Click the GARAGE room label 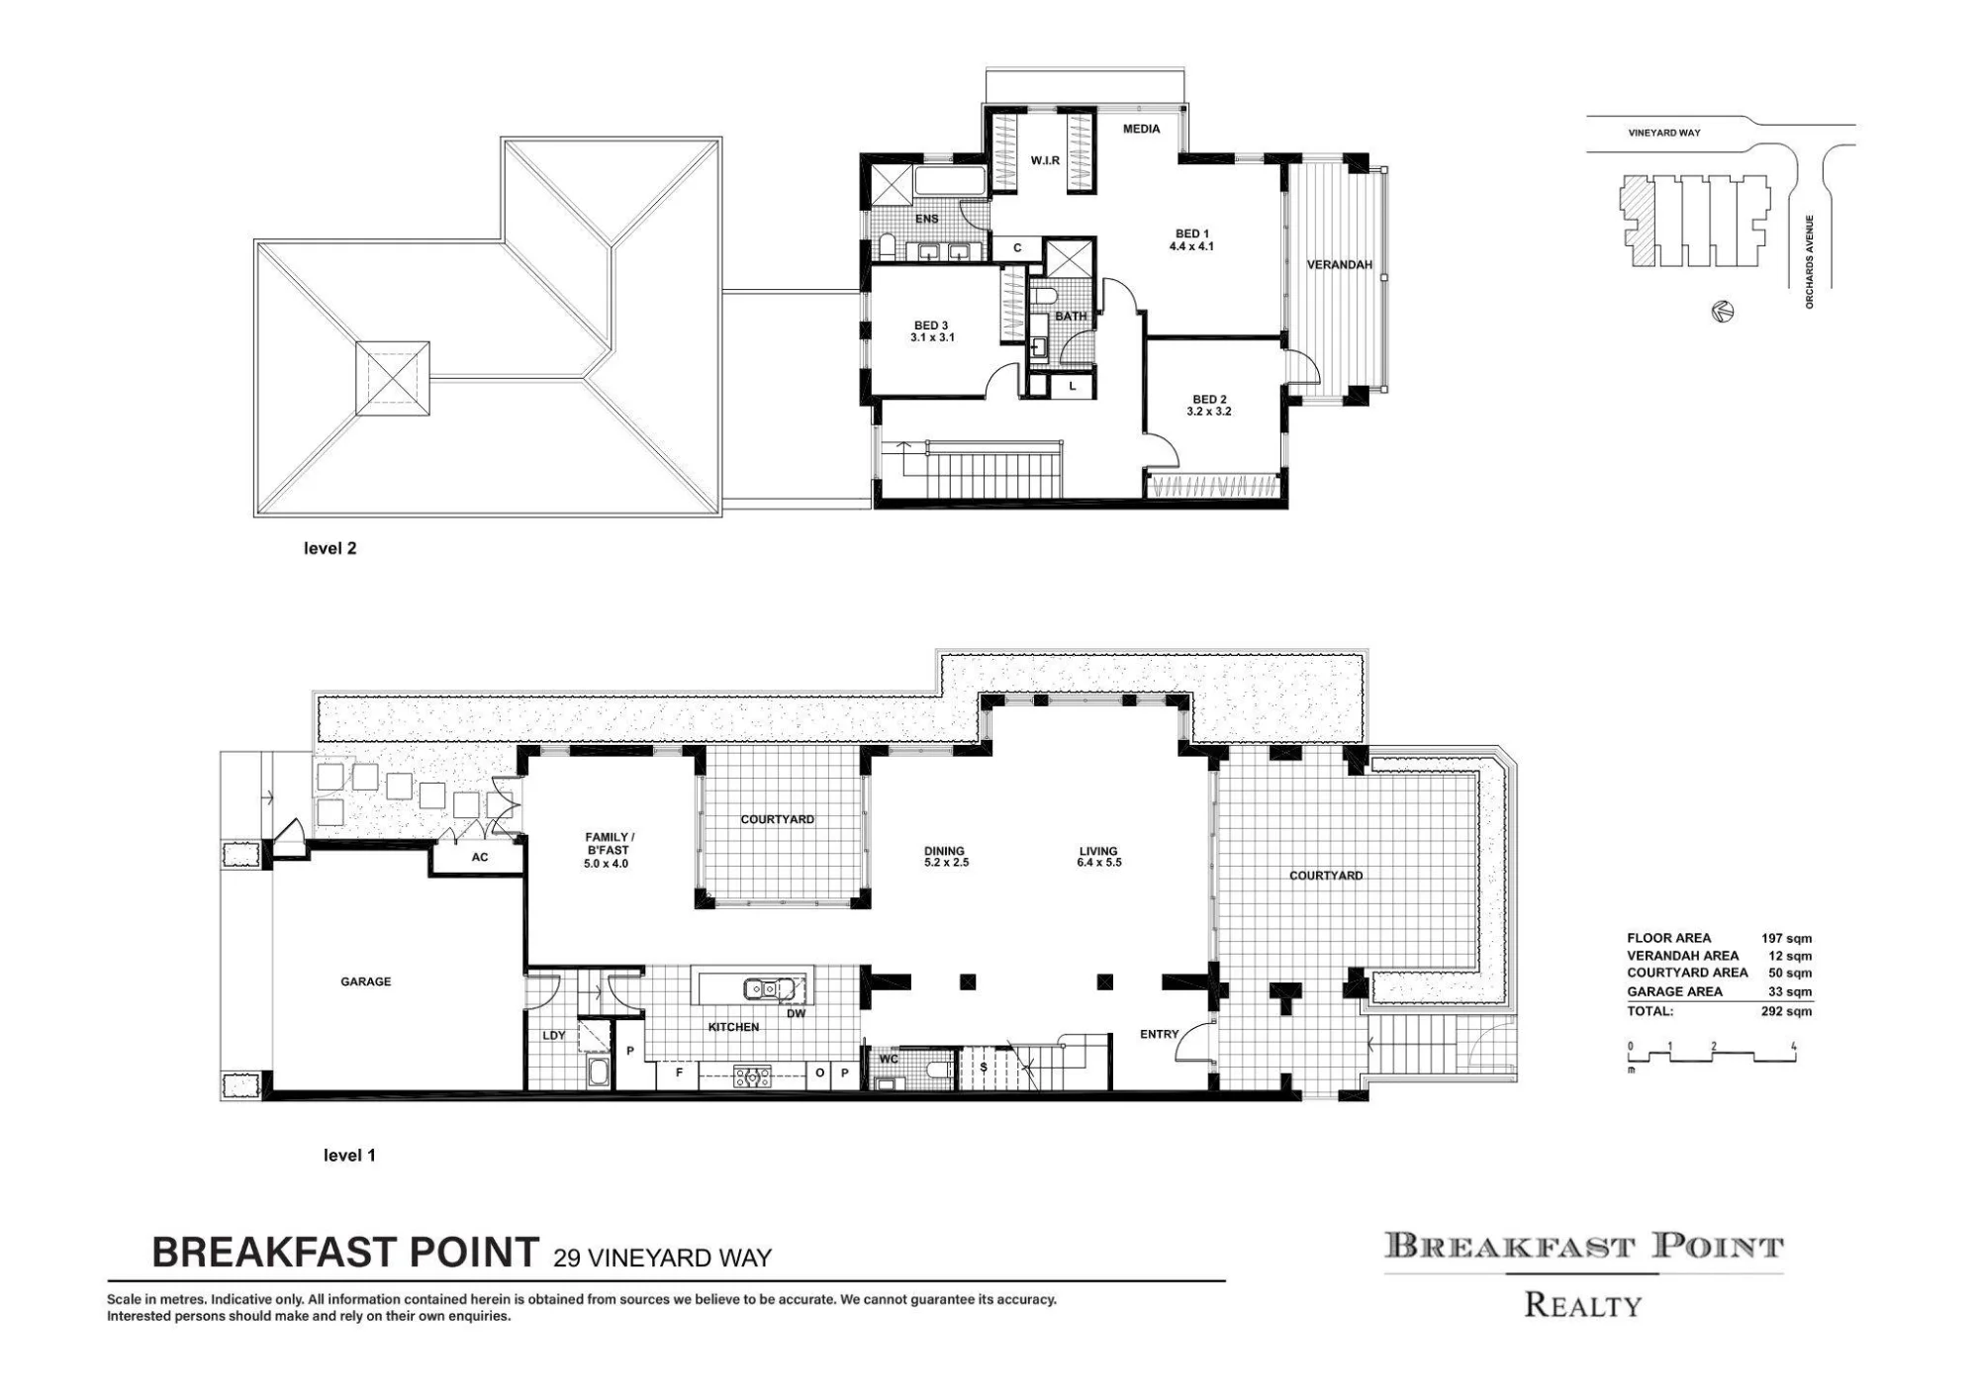pos(365,981)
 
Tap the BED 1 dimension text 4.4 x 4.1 pos(1191,246)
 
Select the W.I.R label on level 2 pos(1045,160)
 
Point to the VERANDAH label pos(1340,265)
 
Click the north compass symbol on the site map pos(1722,312)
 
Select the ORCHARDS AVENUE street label pos(1810,262)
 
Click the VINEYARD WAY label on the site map pos(1664,133)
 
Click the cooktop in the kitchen pos(752,1075)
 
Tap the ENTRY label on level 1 pos(1159,1034)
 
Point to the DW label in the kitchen pos(797,1013)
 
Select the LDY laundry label pos(553,1036)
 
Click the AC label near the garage pos(480,857)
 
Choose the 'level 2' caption pos(330,548)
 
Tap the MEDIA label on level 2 pos(1141,129)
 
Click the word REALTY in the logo pos(1582,1305)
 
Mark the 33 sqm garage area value pos(1790,991)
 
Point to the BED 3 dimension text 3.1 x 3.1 pos(932,337)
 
